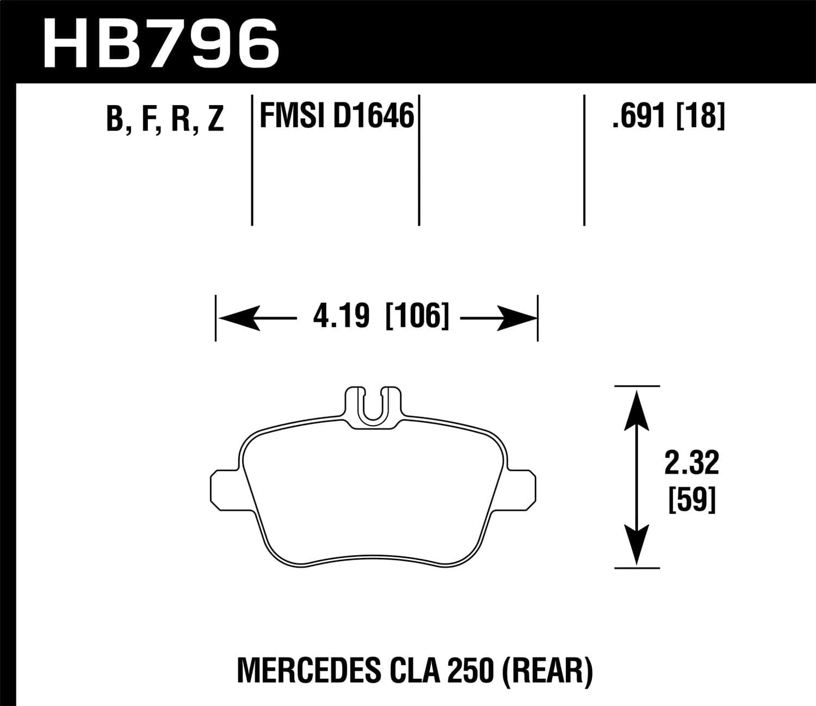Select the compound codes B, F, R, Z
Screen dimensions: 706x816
pos(165,119)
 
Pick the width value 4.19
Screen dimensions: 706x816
pos(341,317)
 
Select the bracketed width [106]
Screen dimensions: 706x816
pos(417,317)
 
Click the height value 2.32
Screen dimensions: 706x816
pos(692,464)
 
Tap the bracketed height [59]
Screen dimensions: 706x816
pos(692,500)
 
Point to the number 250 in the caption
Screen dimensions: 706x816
pos(470,671)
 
